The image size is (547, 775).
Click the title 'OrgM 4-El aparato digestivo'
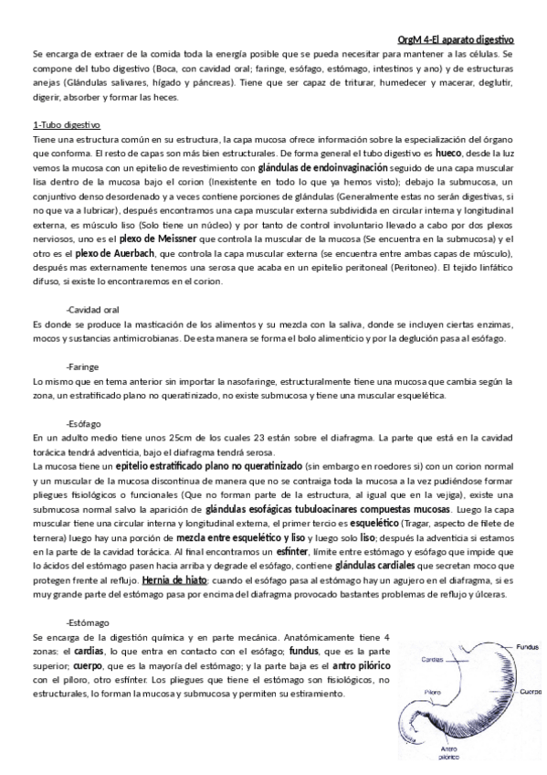(457, 40)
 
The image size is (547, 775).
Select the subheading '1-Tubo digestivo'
(66, 123)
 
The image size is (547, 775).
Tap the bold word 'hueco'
(449, 154)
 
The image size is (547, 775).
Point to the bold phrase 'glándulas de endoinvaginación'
(310, 169)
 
